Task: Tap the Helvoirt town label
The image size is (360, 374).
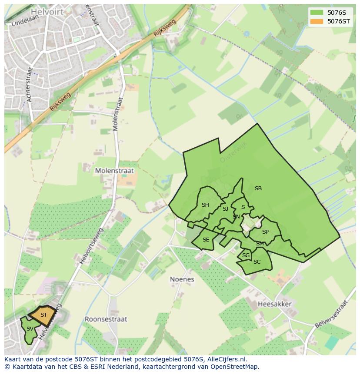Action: tap(47, 12)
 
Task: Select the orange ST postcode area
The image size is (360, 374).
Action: tap(43, 315)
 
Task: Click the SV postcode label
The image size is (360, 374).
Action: tap(30, 329)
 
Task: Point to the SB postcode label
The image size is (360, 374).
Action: tap(258, 189)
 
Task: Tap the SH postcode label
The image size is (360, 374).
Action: tap(205, 205)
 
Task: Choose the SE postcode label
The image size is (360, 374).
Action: tap(206, 240)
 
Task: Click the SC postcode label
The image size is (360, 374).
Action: tap(257, 262)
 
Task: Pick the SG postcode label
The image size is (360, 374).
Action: tap(246, 255)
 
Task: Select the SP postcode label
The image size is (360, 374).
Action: tap(265, 232)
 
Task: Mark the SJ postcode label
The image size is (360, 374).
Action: tap(225, 209)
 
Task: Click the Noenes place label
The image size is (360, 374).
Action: tap(182, 279)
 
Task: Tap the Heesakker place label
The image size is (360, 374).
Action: tap(274, 304)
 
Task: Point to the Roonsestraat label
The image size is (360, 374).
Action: tap(106, 319)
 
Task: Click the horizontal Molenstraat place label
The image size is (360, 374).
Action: tap(115, 171)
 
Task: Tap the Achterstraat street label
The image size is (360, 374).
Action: tap(30, 84)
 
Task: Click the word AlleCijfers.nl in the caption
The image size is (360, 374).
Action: tap(226, 359)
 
